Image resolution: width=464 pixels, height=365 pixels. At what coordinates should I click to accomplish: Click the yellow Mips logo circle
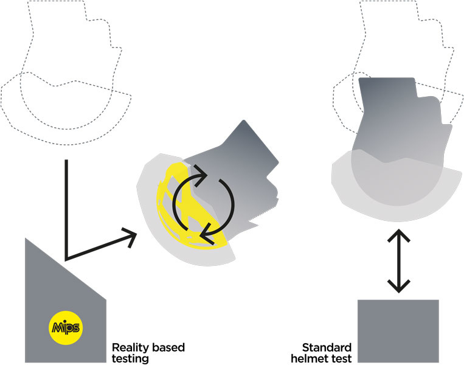(x=64, y=327)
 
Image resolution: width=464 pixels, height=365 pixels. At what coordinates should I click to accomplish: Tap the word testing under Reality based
(x=131, y=359)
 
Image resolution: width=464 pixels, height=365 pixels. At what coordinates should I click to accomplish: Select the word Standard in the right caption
(x=328, y=348)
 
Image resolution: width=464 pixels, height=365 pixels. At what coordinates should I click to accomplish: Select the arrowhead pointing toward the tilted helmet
(x=130, y=238)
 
